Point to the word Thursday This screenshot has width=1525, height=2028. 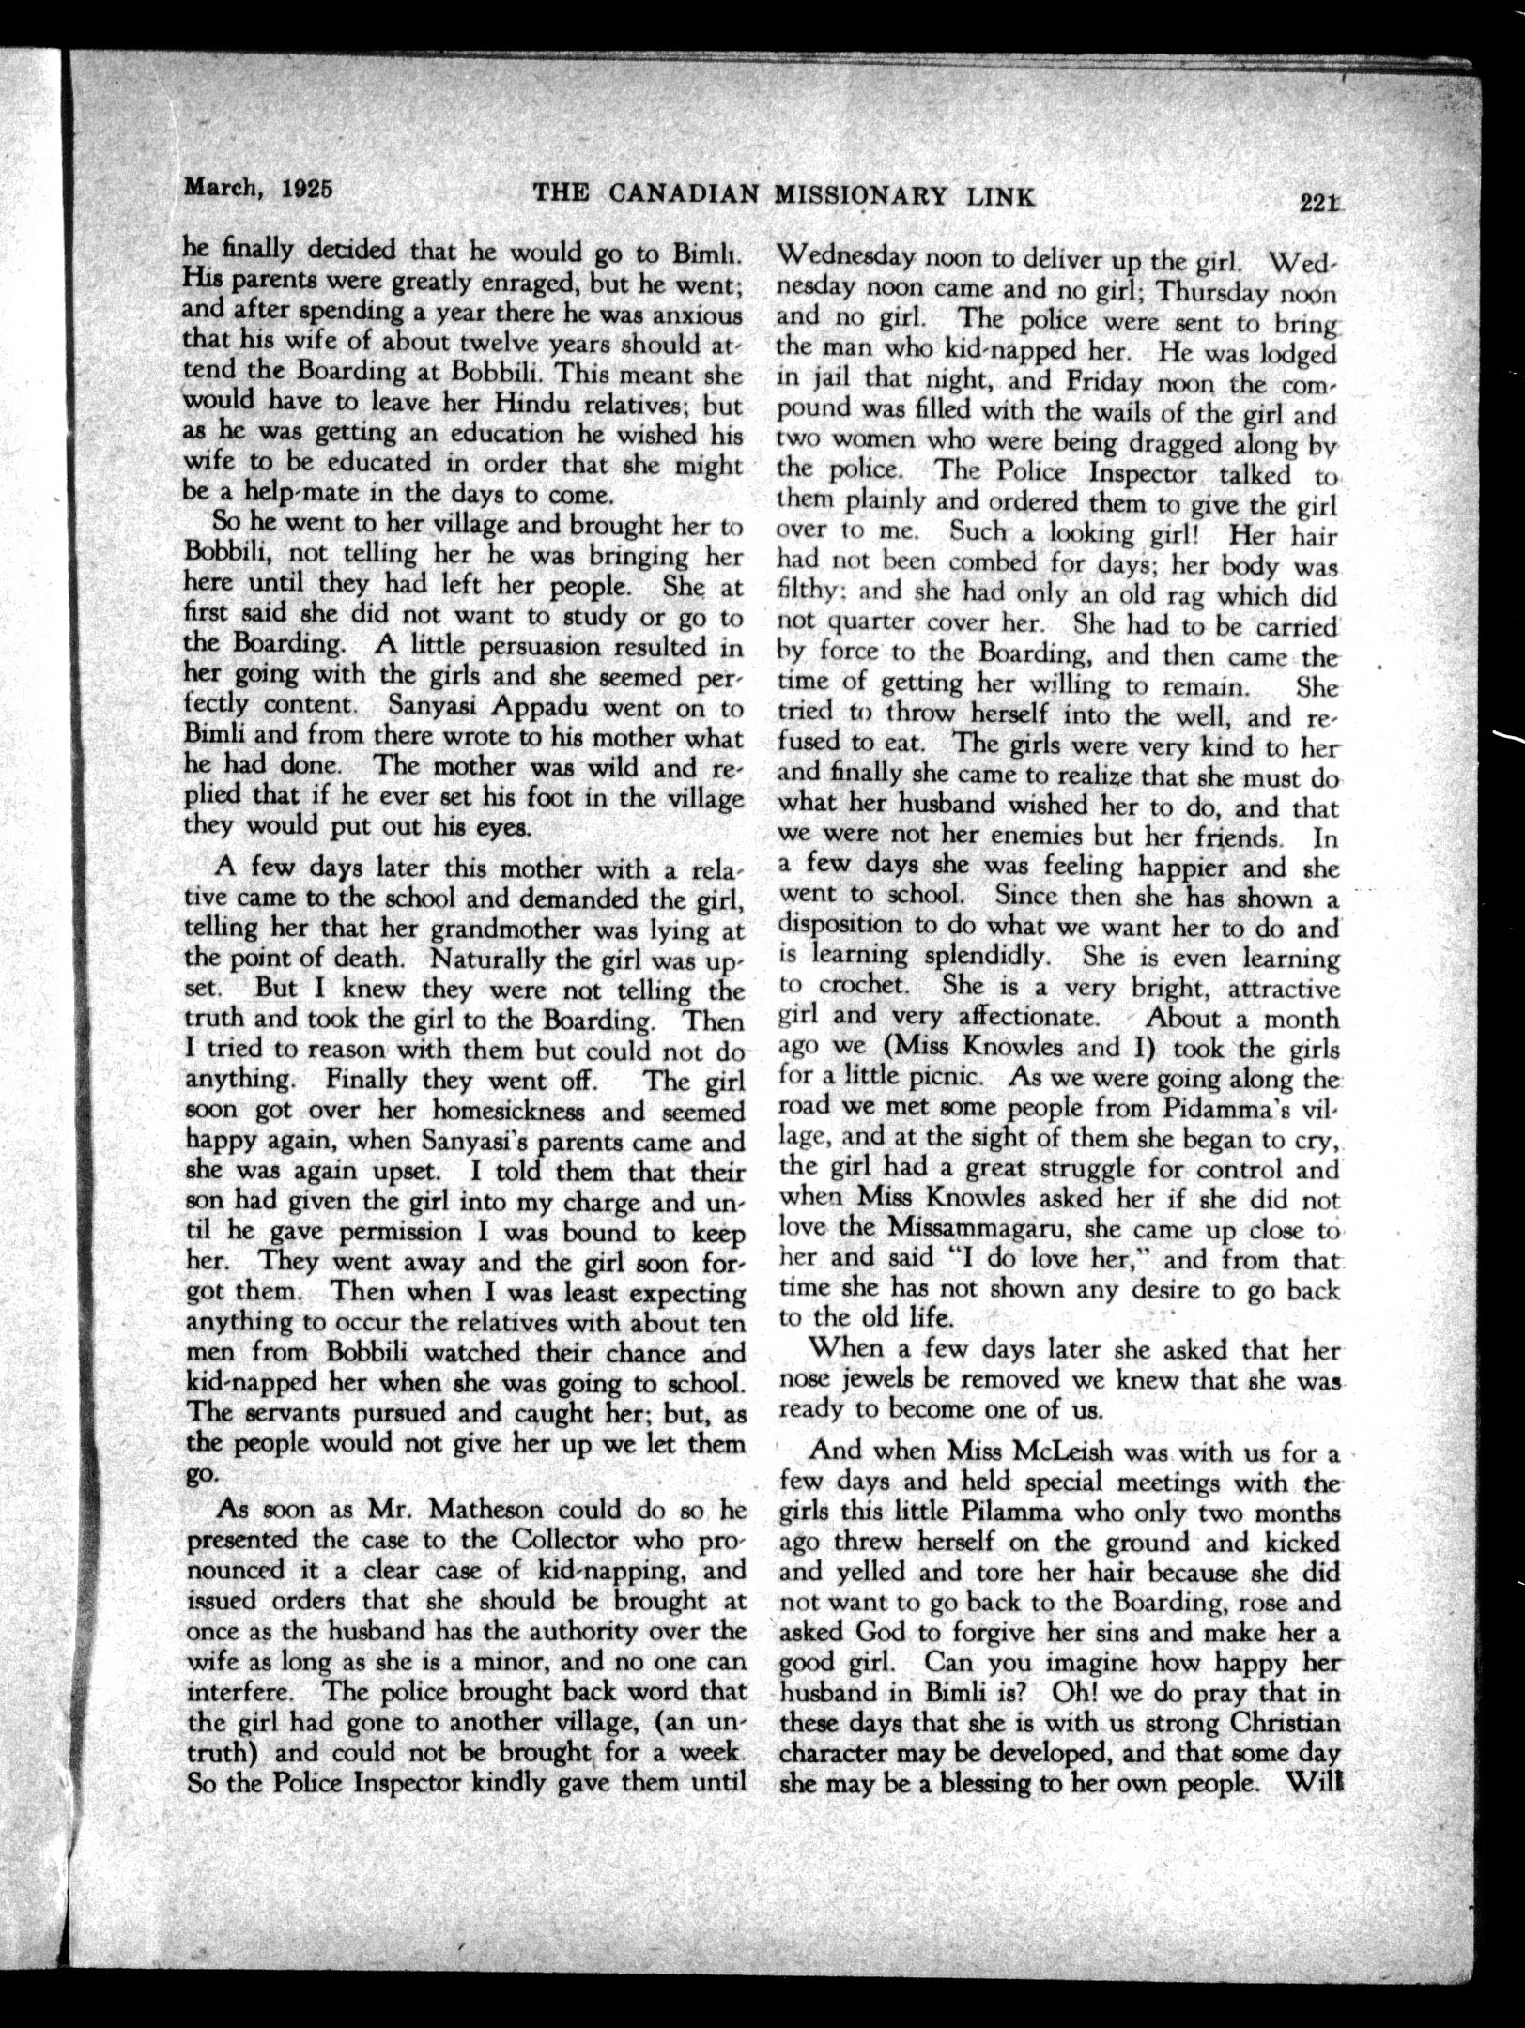(x=1210, y=290)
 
